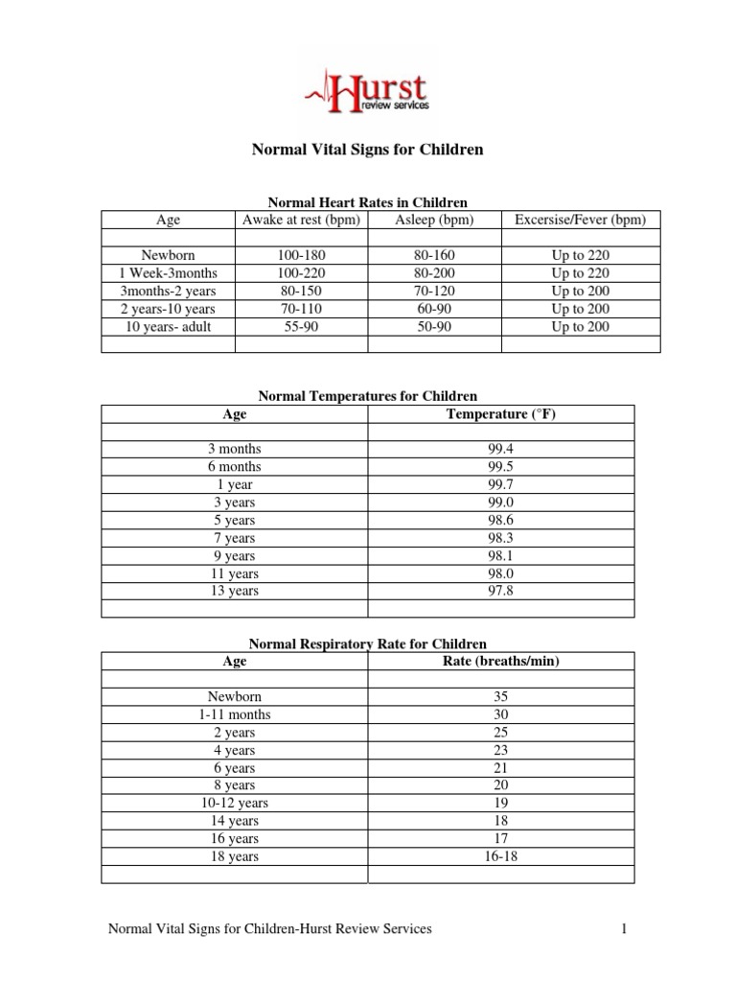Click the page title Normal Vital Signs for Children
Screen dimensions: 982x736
[x=367, y=150]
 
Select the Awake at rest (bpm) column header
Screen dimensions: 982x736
[x=301, y=220]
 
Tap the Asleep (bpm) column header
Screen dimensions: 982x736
[x=434, y=220]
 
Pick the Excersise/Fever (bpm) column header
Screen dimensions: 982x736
[x=580, y=220]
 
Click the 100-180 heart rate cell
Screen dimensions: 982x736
[x=301, y=256]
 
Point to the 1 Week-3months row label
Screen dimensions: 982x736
[x=168, y=273]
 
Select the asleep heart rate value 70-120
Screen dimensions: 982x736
[x=434, y=292]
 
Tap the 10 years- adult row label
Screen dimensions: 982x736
[x=168, y=327]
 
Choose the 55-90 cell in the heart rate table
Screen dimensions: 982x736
[x=301, y=327]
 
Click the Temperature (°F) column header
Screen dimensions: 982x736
[x=501, y=413]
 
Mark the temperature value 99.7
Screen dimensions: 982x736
[x=501, y=484]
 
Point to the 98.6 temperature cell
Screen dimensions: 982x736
[x=501, y=520]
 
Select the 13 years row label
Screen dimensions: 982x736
[x=234, y=591]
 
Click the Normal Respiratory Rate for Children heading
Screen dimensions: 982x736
[x=367, y=644]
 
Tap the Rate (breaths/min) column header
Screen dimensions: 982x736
[x=501, y=661]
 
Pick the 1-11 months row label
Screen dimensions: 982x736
[x=234, y=714]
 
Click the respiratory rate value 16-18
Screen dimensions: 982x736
[x=501, y=856]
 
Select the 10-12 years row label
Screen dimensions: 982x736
[x=234, y=803]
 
